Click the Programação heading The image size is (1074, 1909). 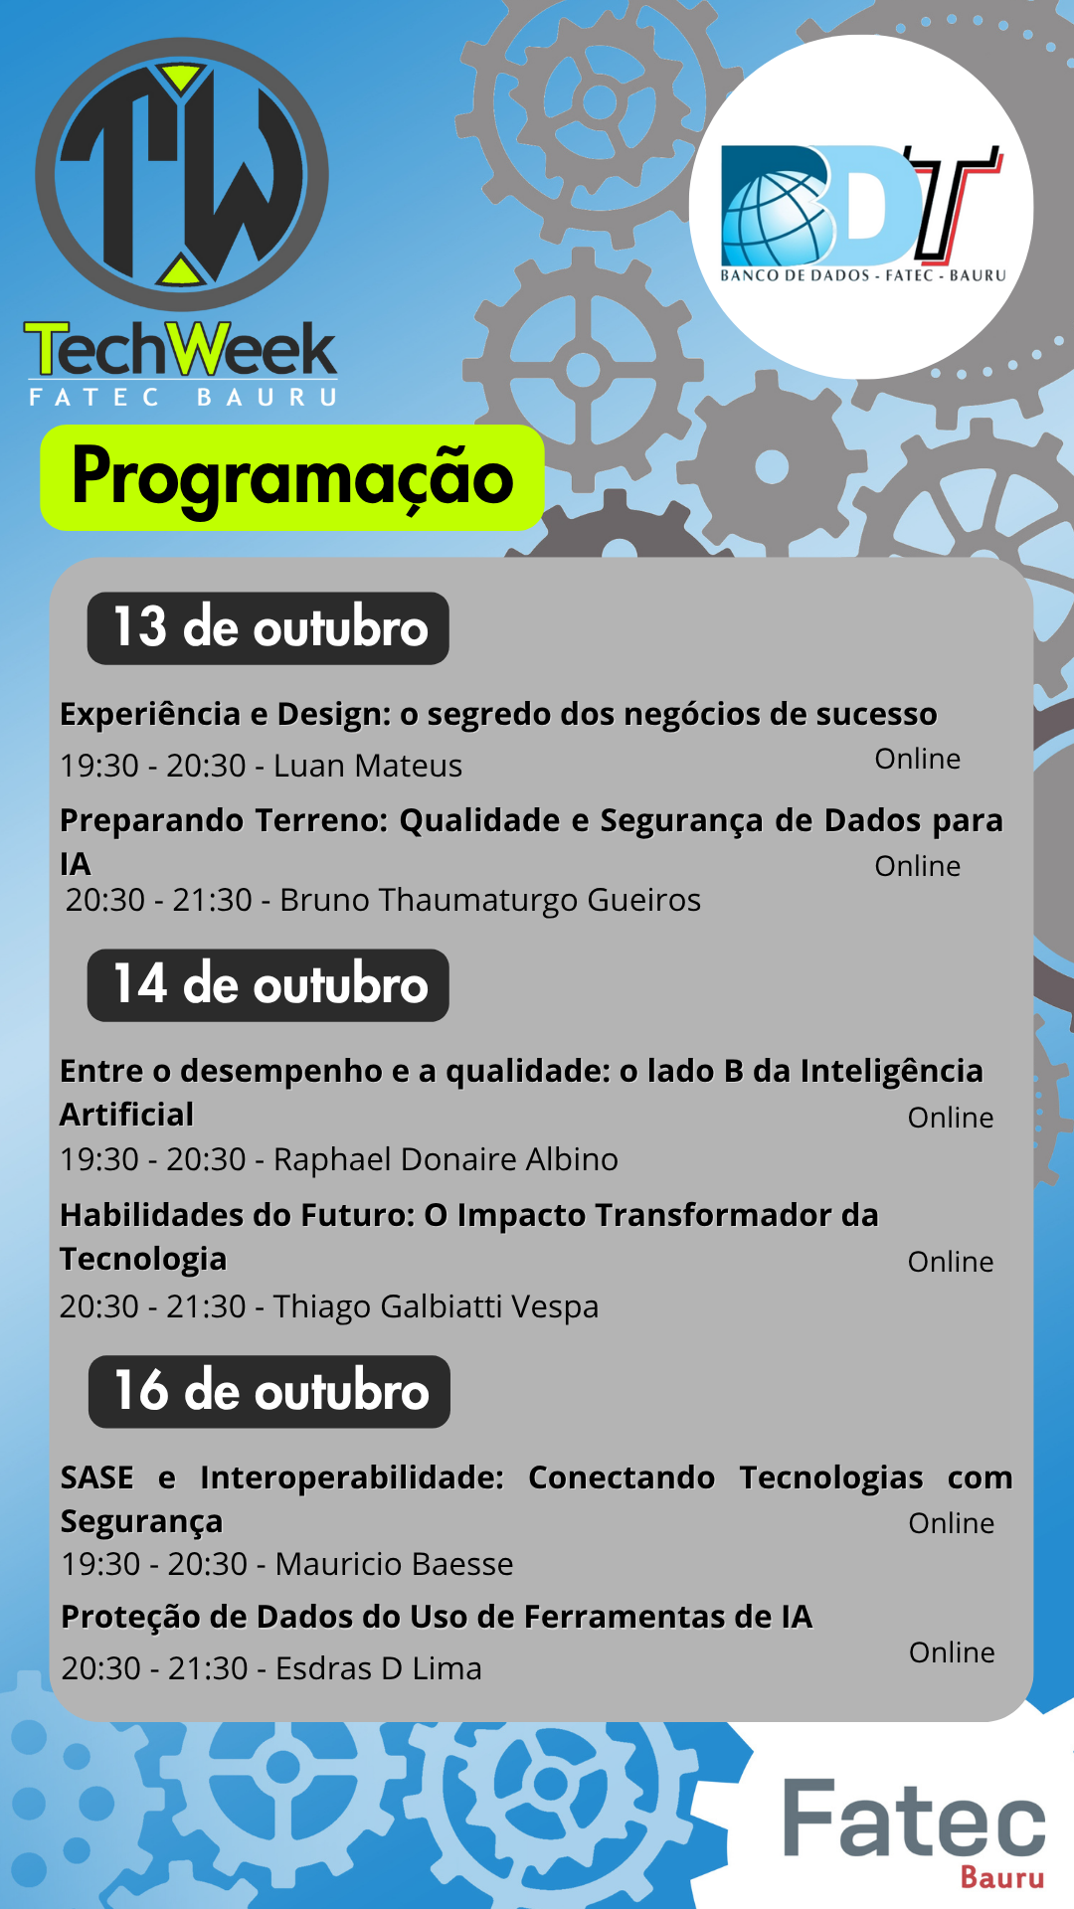[x=292, y=477]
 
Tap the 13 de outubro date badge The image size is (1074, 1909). [x=268, y=628]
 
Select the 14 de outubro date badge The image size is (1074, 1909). [x=268, y=985]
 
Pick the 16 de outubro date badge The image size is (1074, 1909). [x=269, y=1391]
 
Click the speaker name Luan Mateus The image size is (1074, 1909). [x=368, y=766]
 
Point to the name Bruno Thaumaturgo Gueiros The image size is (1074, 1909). [x=490, y=900]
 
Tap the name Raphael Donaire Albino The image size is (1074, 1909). [x=446, y=1159]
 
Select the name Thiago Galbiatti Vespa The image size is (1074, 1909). [x=436, y=1306]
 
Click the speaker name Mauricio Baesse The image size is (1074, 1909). [x=394, y=1564]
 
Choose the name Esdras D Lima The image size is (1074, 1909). [x=378, y=1668]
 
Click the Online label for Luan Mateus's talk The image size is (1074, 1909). [x=918, y=759]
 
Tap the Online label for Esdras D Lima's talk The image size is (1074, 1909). [x=952, y=1652]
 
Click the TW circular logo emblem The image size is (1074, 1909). [x=182, y=175]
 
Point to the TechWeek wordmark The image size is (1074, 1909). [x=181, y=349]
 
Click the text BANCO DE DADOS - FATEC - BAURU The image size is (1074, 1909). [x=863, y=275]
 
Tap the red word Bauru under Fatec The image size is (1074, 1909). [x=1002, y=1877]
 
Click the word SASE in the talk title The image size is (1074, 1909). [x=97, y=1477]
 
